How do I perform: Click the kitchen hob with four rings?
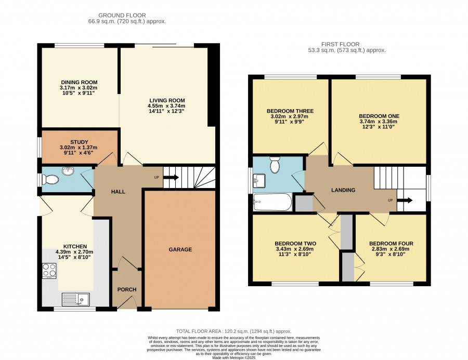49,271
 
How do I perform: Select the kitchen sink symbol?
75,299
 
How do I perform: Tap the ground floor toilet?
50,180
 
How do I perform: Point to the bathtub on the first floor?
272,202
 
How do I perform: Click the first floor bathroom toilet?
275,165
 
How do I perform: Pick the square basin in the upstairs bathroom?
259,181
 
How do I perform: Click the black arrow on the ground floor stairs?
171,178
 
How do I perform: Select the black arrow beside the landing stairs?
405,200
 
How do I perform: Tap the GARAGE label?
180,249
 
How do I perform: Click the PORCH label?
127,289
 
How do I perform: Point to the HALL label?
118,192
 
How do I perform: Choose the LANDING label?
343,190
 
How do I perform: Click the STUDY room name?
79,142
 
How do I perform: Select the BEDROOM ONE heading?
379,116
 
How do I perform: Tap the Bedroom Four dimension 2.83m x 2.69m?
391,249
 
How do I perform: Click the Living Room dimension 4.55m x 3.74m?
166,106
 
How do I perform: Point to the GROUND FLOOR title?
122,15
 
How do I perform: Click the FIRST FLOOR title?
340,44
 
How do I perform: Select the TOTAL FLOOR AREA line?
233,331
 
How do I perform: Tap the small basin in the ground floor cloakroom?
68,171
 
